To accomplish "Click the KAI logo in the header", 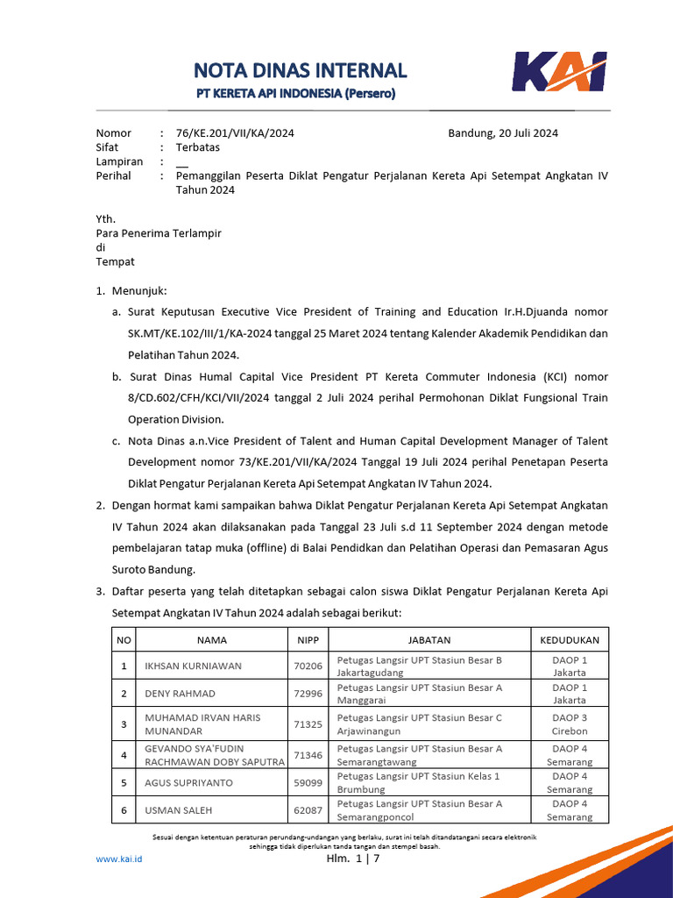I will pos(559,72).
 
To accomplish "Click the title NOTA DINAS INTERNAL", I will pos(300,70).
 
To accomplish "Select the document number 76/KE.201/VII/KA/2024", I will pos(235,133).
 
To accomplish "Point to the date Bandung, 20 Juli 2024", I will pos(503,133).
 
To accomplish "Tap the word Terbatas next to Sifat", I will pos(198,147).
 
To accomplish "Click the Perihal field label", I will pos(113,175).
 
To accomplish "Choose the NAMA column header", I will pos(212,640).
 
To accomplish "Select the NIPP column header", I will pos(308,640).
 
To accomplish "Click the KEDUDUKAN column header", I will pos(570,640).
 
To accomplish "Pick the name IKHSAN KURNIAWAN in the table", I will pos(193,666).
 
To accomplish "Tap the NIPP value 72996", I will pos(308,694).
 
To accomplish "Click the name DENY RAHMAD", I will pos(180,694).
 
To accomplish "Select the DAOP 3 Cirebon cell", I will pos(570,723).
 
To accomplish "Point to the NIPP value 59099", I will pos(308,782).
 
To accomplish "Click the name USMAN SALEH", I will pos(178,810).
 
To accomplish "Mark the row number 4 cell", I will pos(124,754).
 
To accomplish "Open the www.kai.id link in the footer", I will pos(118,859).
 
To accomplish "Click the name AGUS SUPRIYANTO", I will pos(189,782).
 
